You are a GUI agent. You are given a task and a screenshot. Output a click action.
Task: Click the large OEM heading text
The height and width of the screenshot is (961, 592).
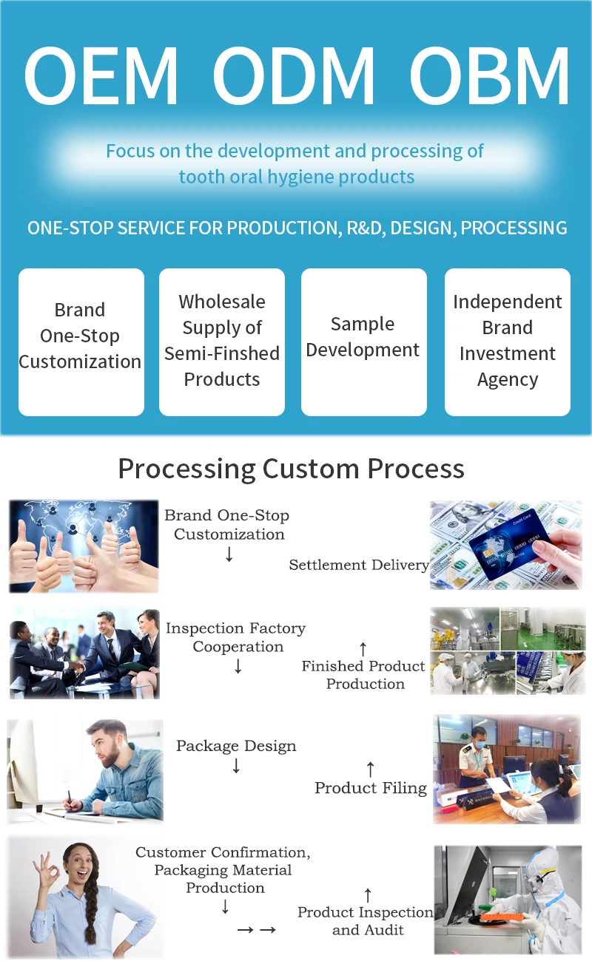coord(101,77)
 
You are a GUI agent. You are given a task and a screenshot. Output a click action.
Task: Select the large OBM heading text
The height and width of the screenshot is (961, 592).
coord(489,77)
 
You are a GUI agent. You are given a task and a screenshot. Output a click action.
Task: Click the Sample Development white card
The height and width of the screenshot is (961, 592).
coord(363,341)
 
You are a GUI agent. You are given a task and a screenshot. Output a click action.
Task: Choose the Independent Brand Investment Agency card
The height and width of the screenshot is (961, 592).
coord(507,341)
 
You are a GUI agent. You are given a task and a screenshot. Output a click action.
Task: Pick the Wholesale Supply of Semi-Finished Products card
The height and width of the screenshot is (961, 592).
coord(222,341)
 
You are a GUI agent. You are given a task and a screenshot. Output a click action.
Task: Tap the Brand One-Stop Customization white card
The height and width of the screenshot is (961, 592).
coord(81,341)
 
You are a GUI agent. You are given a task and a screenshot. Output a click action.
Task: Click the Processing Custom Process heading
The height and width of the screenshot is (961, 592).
coord(292,469)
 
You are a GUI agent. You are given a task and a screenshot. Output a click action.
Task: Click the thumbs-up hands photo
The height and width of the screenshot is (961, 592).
coord(84,546)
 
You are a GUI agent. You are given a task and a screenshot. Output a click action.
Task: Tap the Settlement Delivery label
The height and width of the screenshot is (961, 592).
coord(359,565)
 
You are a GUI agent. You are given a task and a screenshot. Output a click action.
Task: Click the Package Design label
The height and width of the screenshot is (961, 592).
coord(236,746)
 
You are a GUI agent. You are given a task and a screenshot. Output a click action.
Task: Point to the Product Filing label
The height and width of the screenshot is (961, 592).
coord(371,788)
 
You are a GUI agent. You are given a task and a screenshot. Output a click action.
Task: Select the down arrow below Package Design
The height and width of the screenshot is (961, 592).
coord(236,767)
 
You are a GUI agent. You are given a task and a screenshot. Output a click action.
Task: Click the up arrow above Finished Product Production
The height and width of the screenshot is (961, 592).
coord(363,649)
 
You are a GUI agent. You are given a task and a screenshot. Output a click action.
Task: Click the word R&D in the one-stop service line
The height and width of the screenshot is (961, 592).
coord(363,228)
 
